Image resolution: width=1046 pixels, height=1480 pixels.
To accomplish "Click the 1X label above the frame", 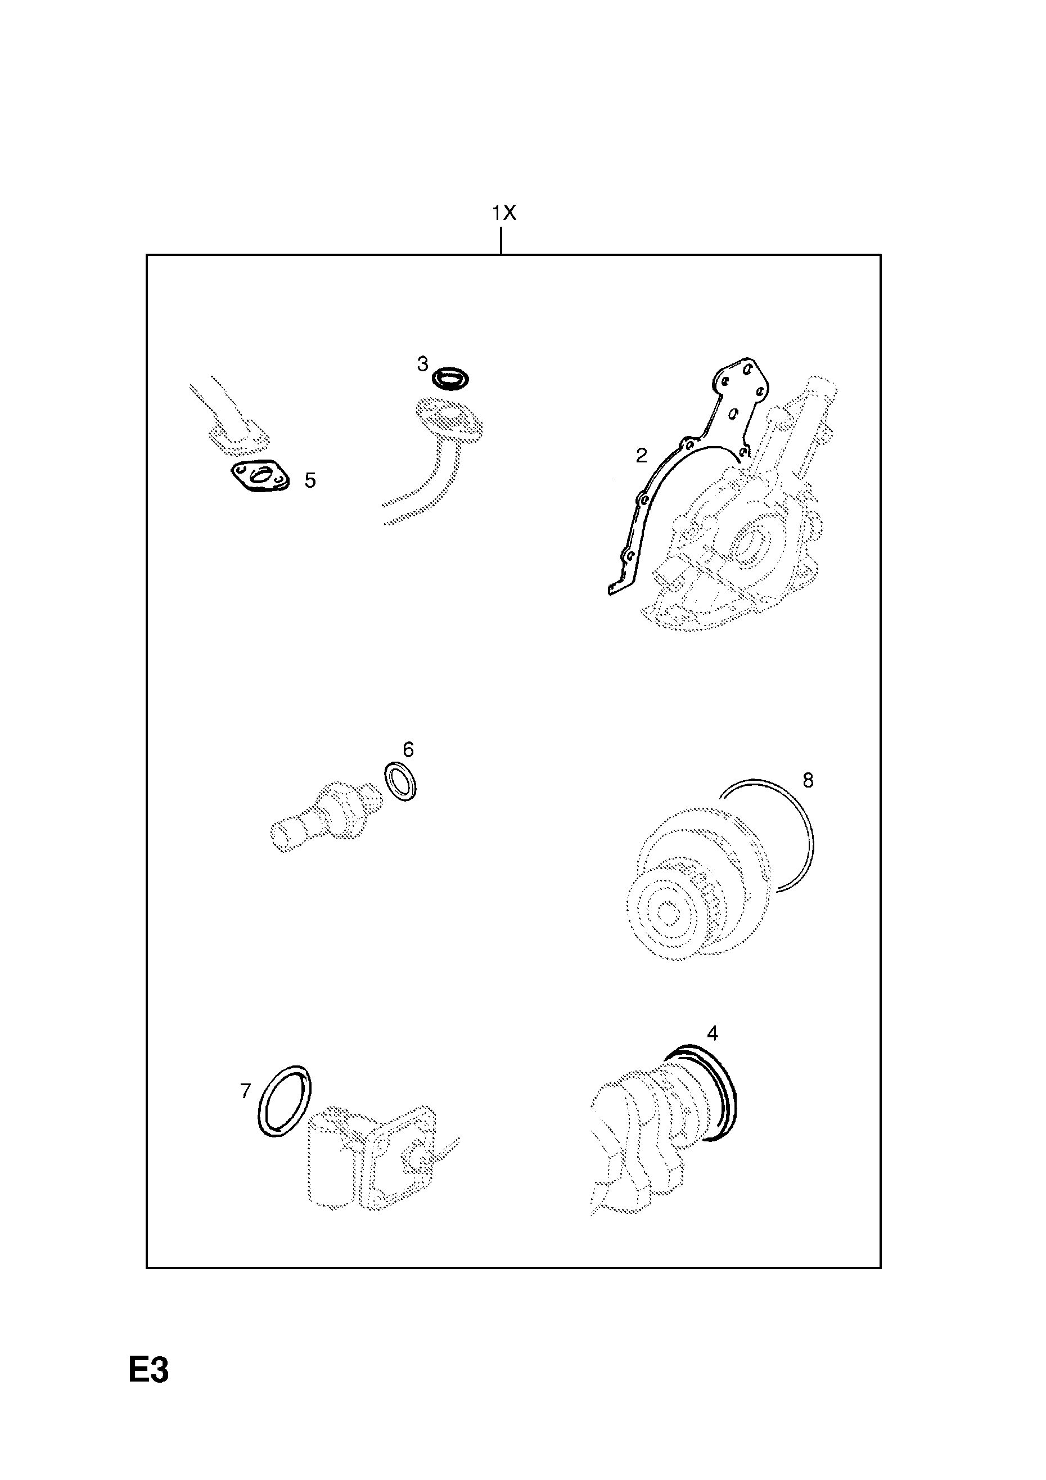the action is point(504,213).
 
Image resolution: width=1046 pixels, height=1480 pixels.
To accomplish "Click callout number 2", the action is point(641,456).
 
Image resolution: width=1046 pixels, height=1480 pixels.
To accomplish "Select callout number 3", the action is point(422,364).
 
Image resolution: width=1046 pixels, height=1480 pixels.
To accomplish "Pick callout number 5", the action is point(310,480).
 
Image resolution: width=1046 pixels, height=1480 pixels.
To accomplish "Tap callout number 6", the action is point(408,749).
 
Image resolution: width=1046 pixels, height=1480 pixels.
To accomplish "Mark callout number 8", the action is point(808,781).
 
